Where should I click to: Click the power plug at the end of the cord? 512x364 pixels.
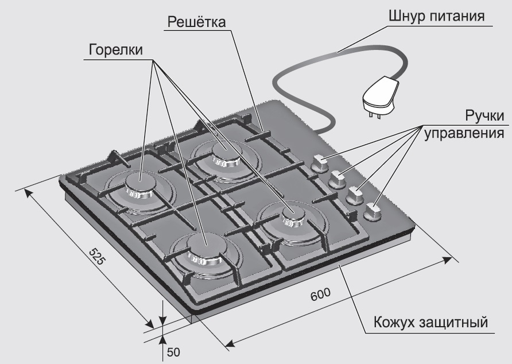381,96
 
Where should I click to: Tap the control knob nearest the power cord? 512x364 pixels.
320,163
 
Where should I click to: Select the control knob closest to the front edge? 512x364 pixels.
372,212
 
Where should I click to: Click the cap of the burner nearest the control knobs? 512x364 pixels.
293,214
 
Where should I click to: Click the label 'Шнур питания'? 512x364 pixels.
437,16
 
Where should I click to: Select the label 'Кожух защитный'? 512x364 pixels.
430,322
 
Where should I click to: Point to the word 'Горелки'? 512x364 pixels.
116,50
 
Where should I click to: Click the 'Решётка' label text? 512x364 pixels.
196,22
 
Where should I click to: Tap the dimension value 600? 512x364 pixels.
320,295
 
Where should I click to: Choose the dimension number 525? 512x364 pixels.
97,257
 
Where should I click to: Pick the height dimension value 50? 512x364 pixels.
173,353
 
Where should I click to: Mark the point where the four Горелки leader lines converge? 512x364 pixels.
153,60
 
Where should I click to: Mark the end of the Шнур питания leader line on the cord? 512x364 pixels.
338,52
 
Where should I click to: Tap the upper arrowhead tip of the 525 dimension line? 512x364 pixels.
25,189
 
